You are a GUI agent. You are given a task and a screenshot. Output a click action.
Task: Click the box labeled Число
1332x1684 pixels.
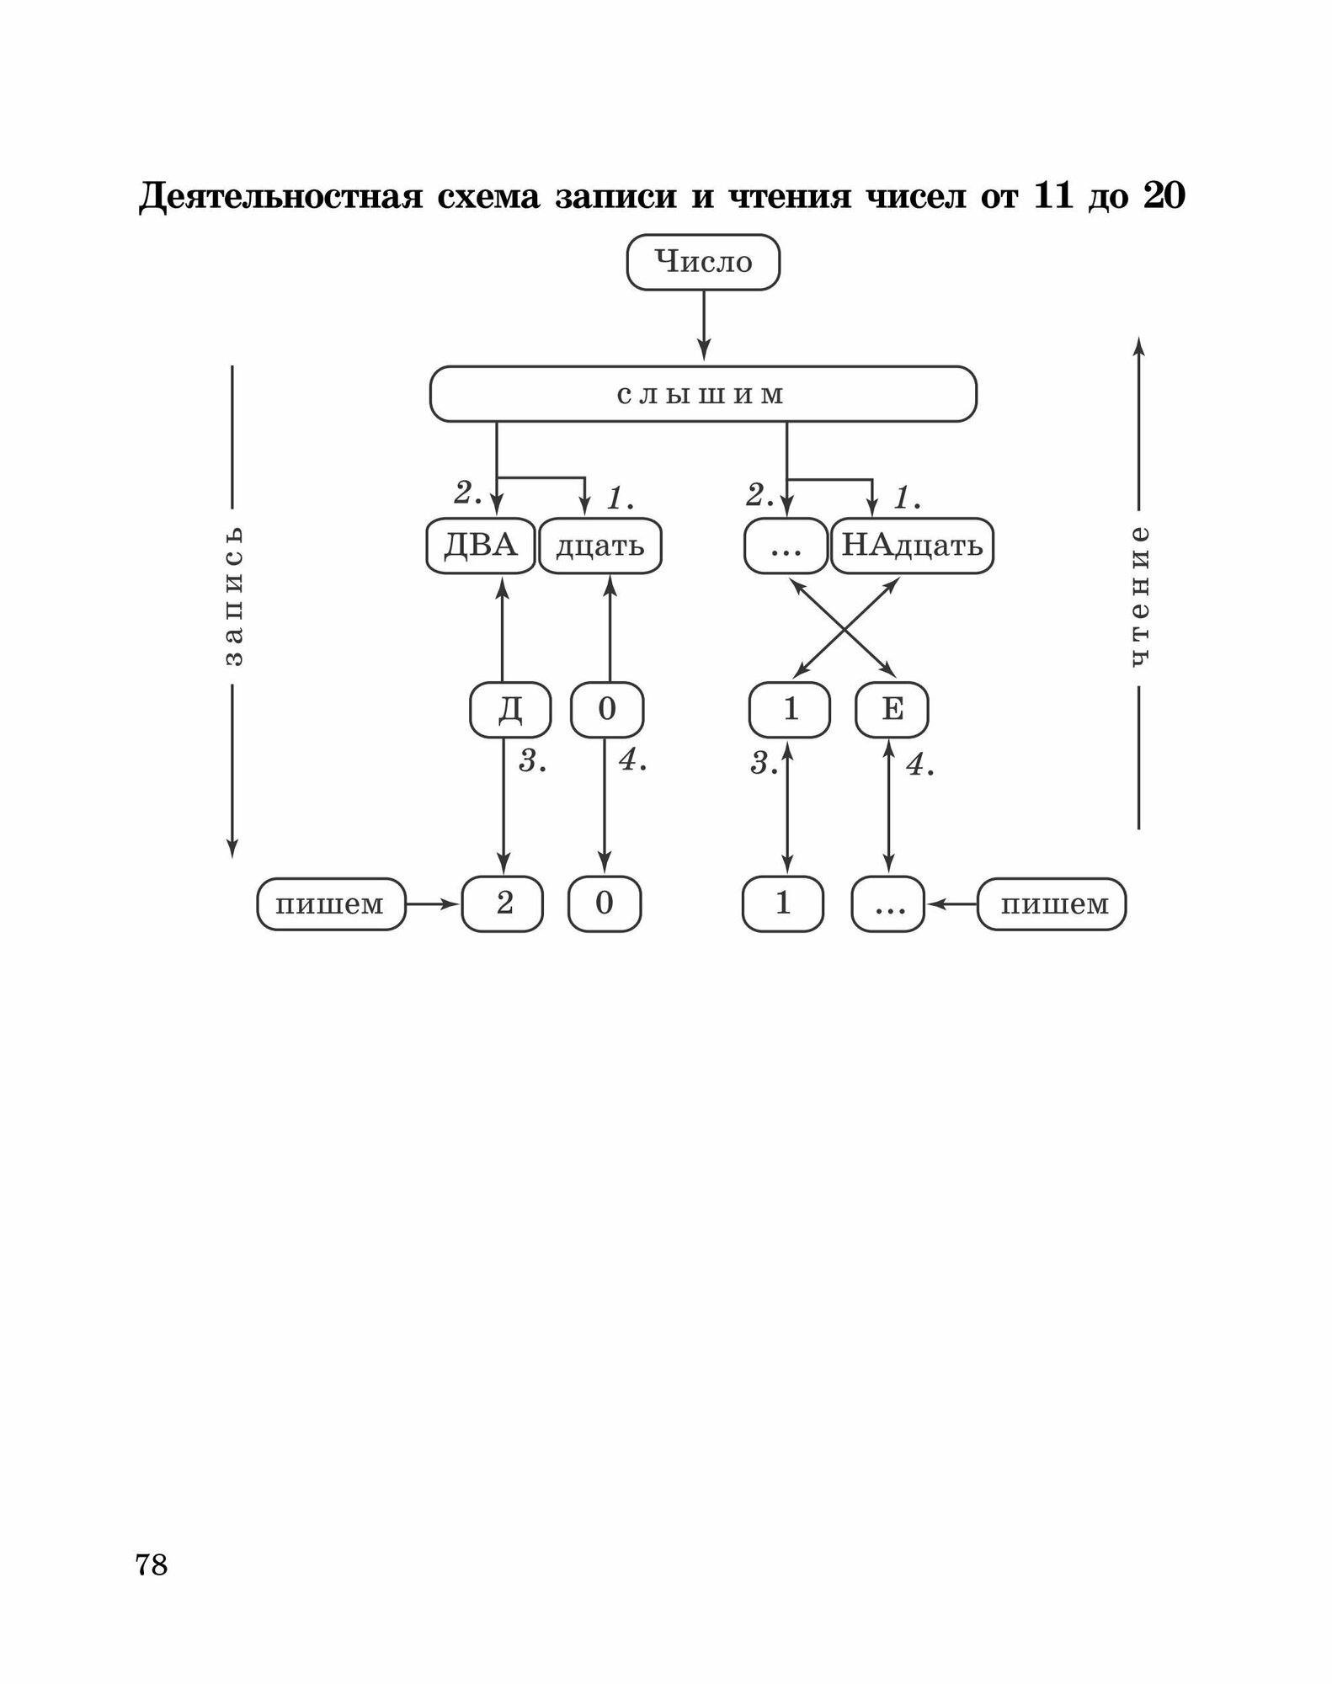coord(703,263)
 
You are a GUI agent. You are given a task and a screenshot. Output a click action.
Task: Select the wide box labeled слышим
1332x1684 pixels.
coord(703,394)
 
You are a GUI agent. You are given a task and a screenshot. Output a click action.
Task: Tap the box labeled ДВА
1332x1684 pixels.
coord(480,546)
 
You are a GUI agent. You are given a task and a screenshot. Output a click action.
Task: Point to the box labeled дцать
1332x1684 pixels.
coord(600,546)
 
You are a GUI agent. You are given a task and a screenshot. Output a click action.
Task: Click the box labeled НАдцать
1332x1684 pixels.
coord(912,546)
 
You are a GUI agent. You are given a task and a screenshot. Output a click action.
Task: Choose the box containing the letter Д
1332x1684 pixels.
coord(510,710)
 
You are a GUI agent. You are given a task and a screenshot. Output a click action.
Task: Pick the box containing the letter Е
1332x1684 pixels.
coord(892,710)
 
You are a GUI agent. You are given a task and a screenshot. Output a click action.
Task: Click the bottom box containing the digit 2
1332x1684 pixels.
coord(503,903)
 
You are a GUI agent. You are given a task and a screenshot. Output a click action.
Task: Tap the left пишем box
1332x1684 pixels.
coord(331,904)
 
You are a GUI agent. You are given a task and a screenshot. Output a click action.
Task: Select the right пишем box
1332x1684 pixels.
coord(1052,904)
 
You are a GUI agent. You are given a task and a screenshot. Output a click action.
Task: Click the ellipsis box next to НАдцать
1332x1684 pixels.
coord(786,546)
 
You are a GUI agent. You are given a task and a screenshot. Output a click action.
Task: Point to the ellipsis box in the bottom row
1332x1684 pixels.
coord(888,904)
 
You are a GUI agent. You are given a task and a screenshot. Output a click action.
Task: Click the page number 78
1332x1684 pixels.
coord(152,1564)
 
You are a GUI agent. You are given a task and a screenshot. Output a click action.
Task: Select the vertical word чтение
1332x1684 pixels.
coord(1138,597)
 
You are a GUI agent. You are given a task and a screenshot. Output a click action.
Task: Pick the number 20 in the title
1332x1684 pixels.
coord(1164,195)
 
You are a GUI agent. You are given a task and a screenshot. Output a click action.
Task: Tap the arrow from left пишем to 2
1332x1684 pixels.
coord(434,904)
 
